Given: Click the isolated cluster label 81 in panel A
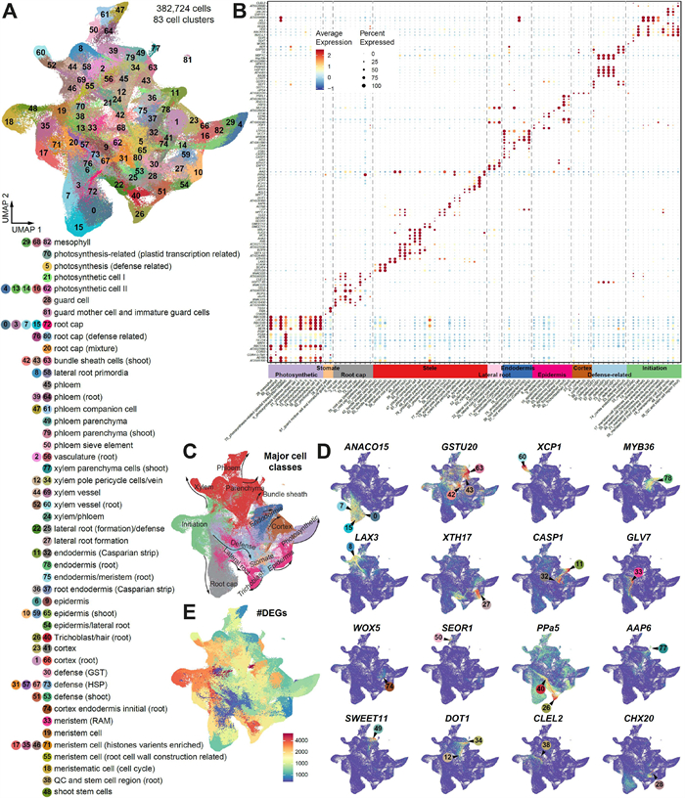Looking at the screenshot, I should click(187, 61).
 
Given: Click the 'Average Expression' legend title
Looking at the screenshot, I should click(334, 37).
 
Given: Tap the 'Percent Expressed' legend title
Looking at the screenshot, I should click(386, 37).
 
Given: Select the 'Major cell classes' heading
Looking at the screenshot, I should click(278, 452).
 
